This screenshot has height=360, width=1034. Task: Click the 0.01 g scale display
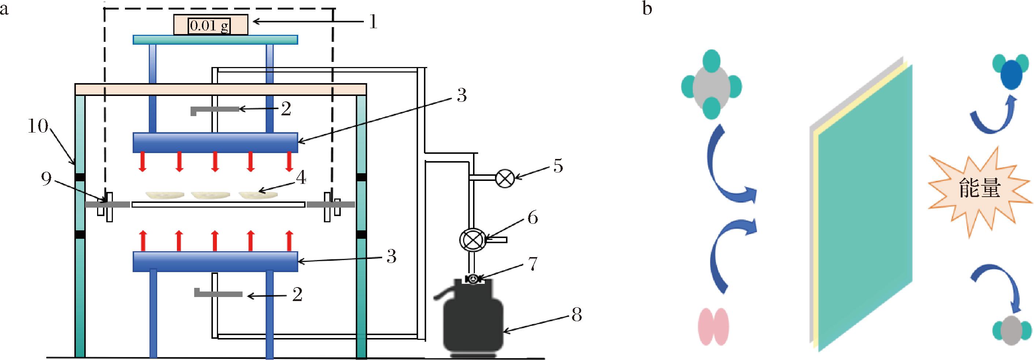coord(209,26)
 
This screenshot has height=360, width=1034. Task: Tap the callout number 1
coord(373,22)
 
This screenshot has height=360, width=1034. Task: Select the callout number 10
coord(38,127)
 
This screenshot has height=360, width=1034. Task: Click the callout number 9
coord(46,179)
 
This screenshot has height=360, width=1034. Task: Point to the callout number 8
coord(576,315)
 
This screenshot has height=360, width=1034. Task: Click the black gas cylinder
coord(473,321)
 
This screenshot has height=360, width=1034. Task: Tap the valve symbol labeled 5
coord(505,179)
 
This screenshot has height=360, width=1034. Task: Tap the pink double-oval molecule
coord(714,326)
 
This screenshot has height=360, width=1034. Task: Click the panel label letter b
coord(647,8)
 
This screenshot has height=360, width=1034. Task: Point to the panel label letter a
coord(4,8)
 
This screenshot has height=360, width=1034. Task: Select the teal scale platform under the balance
coord(215,39)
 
